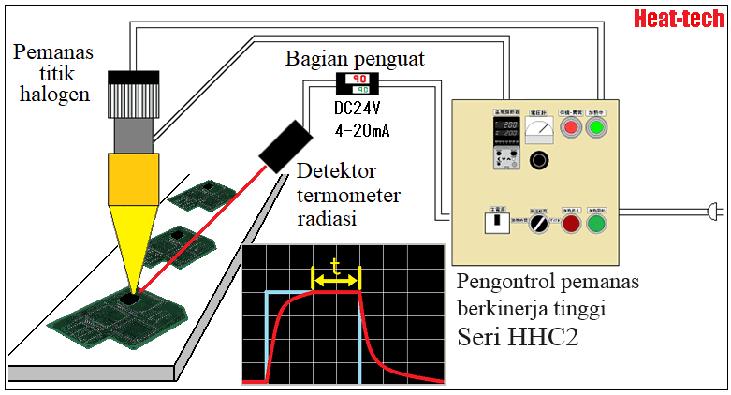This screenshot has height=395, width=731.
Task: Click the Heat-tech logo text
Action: pos(680,19)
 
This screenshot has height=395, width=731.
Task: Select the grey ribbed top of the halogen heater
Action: pos(133,96)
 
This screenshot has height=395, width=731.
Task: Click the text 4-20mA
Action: pos(361,129)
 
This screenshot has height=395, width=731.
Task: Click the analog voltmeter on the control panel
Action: pos(538,131)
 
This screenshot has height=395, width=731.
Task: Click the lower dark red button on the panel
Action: pos(571,225)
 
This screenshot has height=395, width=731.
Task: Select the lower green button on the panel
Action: pos(596,225)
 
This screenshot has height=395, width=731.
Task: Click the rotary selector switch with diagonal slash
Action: pos(538,226)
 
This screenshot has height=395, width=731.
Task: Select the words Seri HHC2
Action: pos(517,337)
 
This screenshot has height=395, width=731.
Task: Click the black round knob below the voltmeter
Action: pos(538,161)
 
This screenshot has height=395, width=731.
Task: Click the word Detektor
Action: pos(335,170)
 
